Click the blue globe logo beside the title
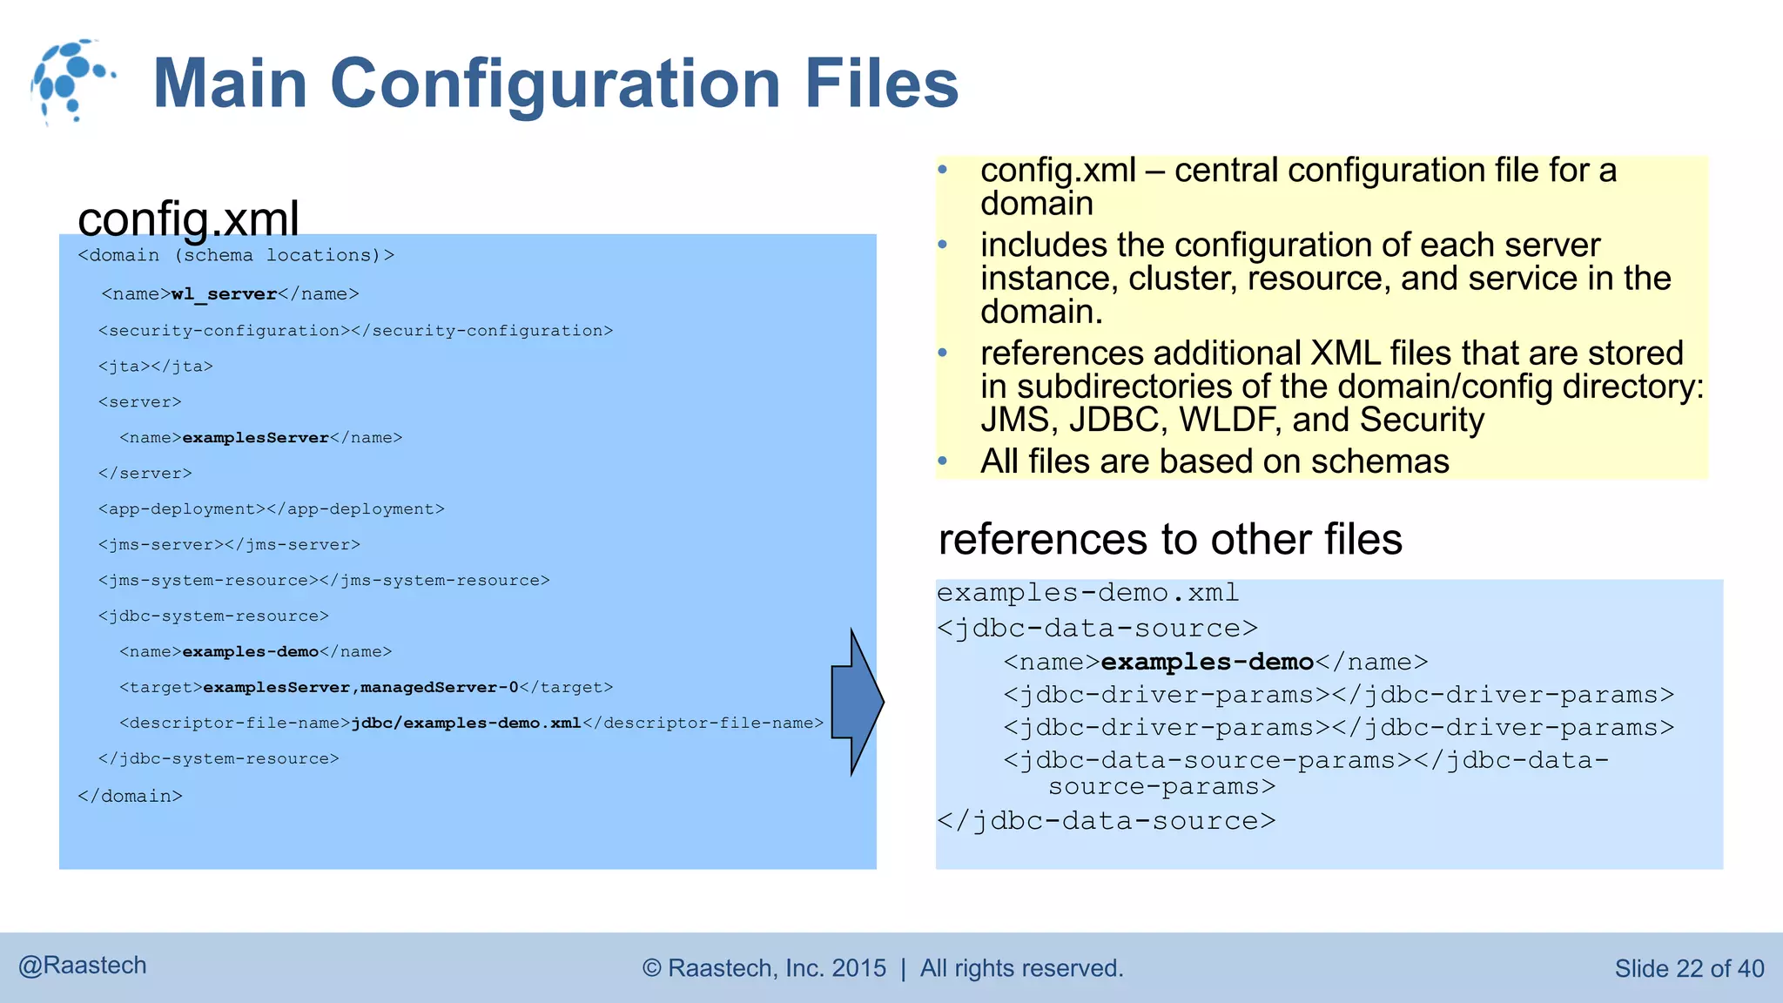(70, 80)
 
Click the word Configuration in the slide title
(555, 84)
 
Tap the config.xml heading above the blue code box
(188, 218)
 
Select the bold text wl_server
(224, 294)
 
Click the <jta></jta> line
(156, 367)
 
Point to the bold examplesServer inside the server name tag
(255, 438)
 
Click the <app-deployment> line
(271, 509)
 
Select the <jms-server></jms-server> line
(229, 545)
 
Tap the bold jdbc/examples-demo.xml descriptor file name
(466, 724)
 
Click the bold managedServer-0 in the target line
(440, 688)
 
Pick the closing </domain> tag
(130, 796)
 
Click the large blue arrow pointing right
(857, 702)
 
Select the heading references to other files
(1169, 539)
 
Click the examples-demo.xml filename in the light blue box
(1087, 593)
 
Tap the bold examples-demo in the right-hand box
(1207, 663)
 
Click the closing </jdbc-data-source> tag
(1106, 821)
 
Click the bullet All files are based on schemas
(1214, 461)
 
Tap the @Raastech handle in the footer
(83, 966)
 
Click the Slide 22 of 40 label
(1688, 968)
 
